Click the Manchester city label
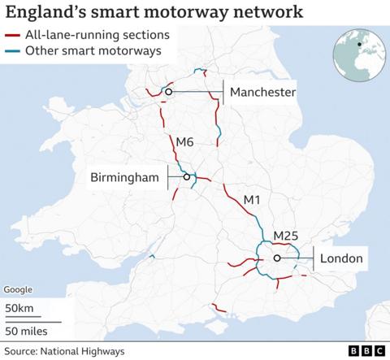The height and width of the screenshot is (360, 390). [x=262, y=93]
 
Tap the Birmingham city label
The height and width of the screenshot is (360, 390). [x=124, y=176]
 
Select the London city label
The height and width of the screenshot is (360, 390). [x=341, y=259]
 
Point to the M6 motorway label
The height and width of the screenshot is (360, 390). [x=184, y=142]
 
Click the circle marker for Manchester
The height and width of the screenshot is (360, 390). [x=168, y=93]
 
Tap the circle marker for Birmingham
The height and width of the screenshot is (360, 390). [x=186, y=176]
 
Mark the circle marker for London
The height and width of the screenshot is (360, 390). [x=277, y=258]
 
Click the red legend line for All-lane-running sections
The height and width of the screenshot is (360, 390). [x=12, y=35]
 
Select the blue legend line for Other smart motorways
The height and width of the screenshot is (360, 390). [x=12, y=50]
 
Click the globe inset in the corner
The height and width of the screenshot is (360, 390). [x=357, y=52]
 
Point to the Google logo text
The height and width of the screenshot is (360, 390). [x=18, y=290]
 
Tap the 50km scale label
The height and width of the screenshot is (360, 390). [x=19, y=310]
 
